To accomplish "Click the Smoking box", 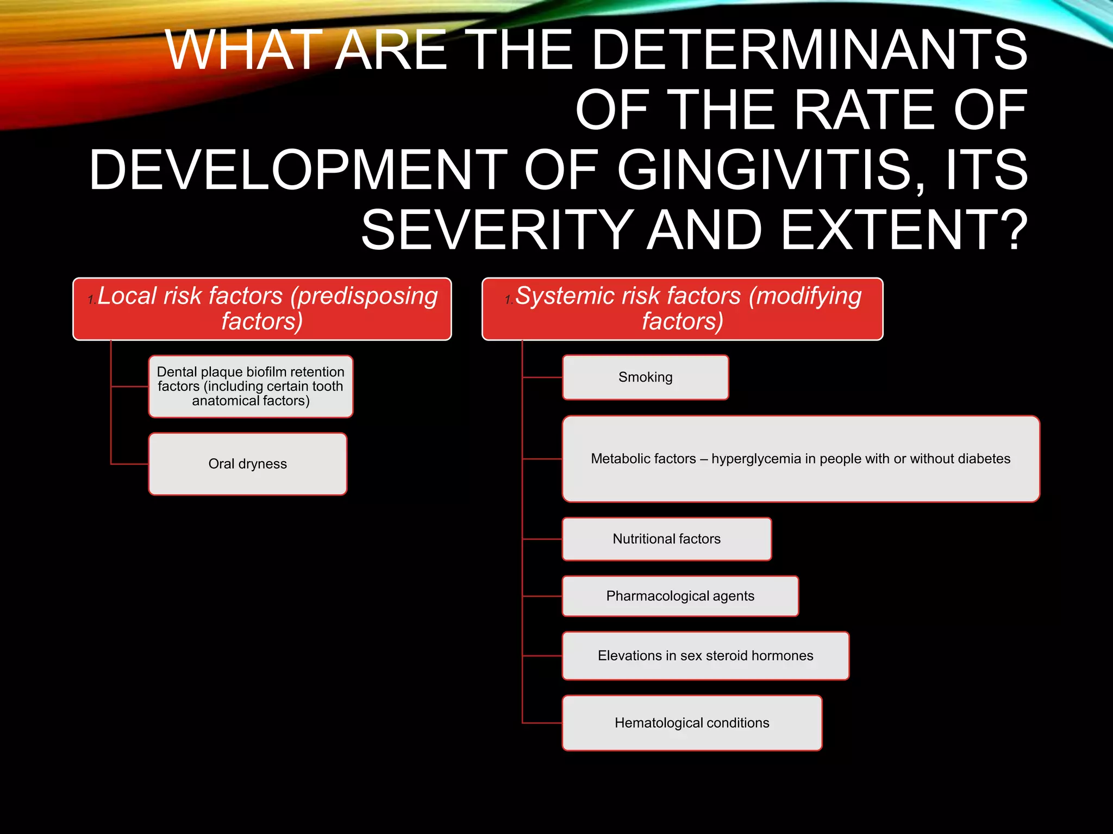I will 645,377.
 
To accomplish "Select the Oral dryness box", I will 248,464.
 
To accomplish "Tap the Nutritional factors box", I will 666,539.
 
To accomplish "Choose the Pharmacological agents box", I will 680,596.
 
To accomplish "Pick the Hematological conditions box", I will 692,723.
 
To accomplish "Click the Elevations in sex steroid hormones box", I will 705,655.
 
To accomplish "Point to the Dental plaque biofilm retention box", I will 251,386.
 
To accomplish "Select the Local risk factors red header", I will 262,309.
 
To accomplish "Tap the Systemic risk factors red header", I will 682,309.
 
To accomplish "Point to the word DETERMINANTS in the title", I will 809,50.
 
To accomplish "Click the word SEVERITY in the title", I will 497,230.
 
